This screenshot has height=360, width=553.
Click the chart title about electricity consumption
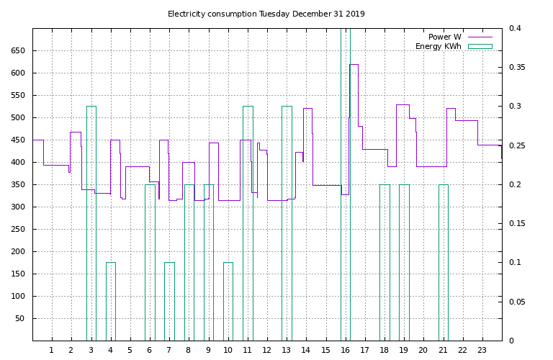(x=266, y=14)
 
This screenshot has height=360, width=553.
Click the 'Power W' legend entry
(x=444, y=37)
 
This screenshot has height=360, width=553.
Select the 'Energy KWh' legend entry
(x=438, y=46)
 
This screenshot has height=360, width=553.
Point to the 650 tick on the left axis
(x=17, y=50)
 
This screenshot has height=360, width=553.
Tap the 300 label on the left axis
(x=17, y=207)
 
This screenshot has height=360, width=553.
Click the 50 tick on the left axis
(x=19, y=318)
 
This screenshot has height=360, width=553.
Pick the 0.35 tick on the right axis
(x=516, y=67)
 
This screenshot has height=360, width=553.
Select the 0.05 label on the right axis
(x=516, y=302)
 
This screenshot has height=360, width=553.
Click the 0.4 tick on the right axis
(x=516, y=28)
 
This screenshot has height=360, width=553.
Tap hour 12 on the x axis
(x=267, y=350)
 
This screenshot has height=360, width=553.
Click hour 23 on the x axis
(x=482, y=350)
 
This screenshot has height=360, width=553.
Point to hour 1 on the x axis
(x=52, y=350)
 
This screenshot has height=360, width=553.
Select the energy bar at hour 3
(x=91, y=223)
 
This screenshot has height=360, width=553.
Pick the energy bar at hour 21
(x=444, y=263)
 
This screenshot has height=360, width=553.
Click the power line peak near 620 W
(x=354, y=64)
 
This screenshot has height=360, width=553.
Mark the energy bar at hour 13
(x=287, y=223)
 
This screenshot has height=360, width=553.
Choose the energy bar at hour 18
(x=385, y=263)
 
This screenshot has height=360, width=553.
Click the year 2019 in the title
(x=355, y=14)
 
